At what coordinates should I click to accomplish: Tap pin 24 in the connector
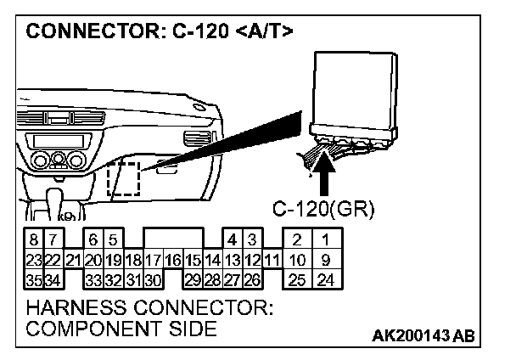[x=324, y=278]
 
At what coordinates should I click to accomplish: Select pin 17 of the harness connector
[x=153, y=259]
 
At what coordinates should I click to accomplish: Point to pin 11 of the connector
[x=272, y=259]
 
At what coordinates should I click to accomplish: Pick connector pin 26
[x=251, y=278]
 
